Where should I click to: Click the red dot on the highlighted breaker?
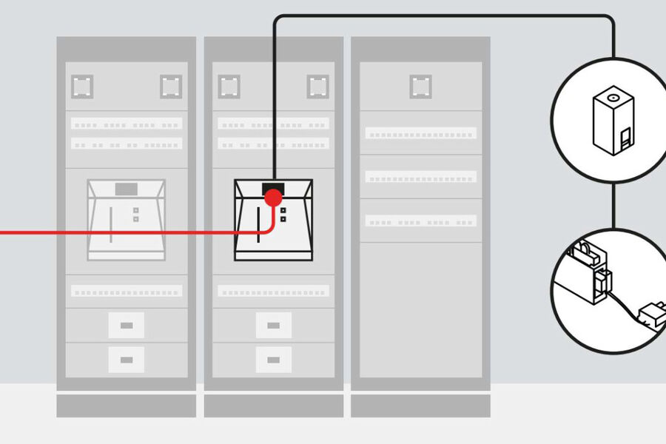[273, 198]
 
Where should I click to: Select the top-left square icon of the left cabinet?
[82, 87]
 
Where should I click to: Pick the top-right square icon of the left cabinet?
[172, 87]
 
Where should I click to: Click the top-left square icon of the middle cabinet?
[229, 87]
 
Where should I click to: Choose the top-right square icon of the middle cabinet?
[318, 87]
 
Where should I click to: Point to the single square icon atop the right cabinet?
[421, 87]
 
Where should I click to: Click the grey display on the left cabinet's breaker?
[126, 189]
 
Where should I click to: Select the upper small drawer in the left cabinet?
[126, 325]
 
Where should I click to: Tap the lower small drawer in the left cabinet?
[126, 360]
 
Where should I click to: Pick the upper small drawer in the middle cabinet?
[274, 325]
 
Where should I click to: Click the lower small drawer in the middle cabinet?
[274, 360]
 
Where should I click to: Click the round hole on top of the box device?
[610, 97]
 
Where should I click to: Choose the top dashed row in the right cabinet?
[420, 134]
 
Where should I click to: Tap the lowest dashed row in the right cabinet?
[420, 221]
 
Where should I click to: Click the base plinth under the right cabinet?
[420, 406]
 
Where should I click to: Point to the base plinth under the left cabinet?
[126, 406]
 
